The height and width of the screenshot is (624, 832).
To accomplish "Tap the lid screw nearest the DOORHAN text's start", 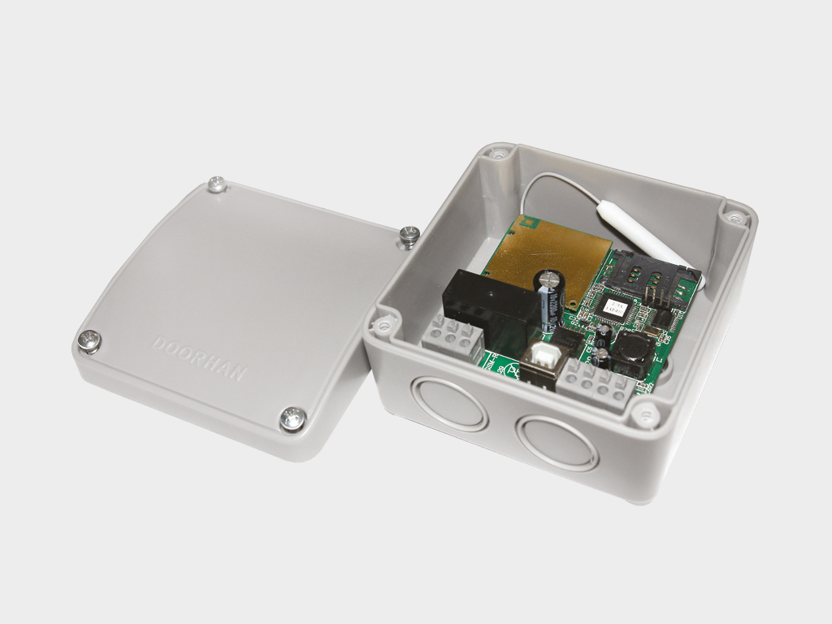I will pyautogui.click(x=89, y=341).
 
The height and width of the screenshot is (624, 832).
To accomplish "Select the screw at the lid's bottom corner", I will pyautogui.click(x=292, y=418).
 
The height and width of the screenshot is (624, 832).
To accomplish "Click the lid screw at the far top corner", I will pyautogui.click(x=216, y=184).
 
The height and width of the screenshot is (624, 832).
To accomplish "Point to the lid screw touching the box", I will pyautogui.click(x=409, y=236).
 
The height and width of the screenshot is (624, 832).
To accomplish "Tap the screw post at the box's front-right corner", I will pyautogui.click(x=646, y=415).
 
